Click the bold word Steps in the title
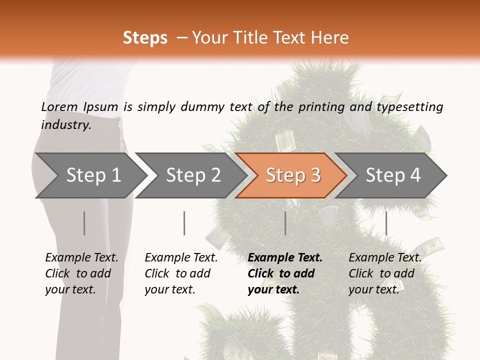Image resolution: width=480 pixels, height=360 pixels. coord(145,38)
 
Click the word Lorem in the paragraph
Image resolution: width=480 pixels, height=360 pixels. coord(59,106)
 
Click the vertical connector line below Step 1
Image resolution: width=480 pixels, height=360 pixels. coord(84,223)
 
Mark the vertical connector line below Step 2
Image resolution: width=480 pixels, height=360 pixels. coord(184,223)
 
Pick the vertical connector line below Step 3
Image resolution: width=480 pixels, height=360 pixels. coord(285,223)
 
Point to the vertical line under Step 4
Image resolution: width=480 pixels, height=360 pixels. coord(386,223)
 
